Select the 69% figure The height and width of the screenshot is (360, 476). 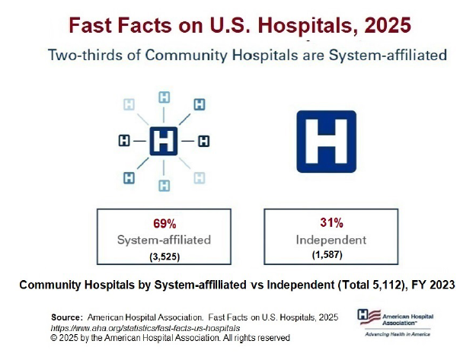pos(164,224)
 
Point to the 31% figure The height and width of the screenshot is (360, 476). pos(331,223)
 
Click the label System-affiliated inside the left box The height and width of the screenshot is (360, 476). pos(164,240)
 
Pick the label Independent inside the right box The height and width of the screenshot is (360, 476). pos(331,240)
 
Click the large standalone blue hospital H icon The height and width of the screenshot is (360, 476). pos(325,142)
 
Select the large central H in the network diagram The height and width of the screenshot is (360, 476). pos(163,142)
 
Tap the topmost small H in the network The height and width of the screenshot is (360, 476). pos(164,97)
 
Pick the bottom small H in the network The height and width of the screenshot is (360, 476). pos(164,186)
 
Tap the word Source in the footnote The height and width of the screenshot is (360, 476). pos(66,316)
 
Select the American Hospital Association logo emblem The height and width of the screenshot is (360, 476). pos(366,315)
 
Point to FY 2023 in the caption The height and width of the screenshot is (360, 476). pos(432,285)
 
